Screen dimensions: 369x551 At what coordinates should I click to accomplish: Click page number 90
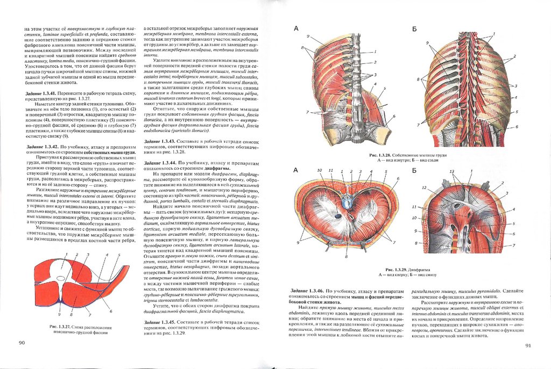pyautogui.click(x=22, y=343)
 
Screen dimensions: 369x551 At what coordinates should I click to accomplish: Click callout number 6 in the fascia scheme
pyautogui.click(x=110, y=312)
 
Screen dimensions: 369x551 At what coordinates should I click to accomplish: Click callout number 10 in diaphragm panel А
pyautogui.click(x=319, y=170)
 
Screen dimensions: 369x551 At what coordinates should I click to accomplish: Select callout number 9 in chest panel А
pyautogui.click(x=308, y=36)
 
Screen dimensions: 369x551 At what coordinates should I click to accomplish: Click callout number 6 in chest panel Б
pyautogui.click(x=517, y=127)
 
